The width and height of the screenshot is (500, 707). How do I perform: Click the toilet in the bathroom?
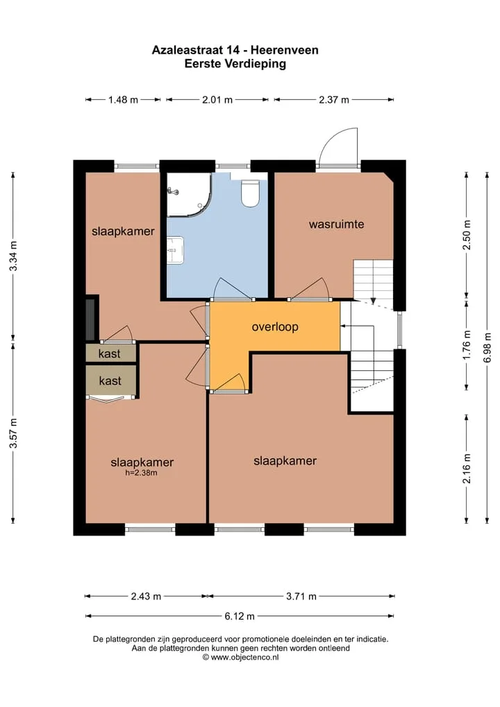click(x=250, y=194)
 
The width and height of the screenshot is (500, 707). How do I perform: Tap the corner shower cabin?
click(x=188, y=194)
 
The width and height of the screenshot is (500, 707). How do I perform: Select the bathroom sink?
click(x=176, y=249)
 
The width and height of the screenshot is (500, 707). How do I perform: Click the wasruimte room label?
click(x=336, y=224)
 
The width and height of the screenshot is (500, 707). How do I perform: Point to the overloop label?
click(x=275, y=326)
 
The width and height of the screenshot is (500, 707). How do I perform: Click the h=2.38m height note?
click(x=141, y=473)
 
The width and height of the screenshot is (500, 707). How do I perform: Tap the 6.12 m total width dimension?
click(x=240, y=616)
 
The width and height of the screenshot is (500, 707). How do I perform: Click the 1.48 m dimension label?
click(x=123, y=99)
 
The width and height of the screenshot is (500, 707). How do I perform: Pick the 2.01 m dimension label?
click(x=217, y=99)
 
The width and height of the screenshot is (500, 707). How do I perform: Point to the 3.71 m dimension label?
click(x=301, y=597)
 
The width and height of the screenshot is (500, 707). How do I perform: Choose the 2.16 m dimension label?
click(x=467, y=469)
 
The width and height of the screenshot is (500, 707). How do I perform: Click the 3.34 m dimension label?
click(x=13, y=256)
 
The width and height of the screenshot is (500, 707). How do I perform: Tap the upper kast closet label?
click(x=109, y=353)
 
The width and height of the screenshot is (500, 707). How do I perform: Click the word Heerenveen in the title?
click(x=285, y=50)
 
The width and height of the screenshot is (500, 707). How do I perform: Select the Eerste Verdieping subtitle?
click(x=235, y=64)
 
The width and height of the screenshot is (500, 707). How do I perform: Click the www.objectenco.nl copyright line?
click(x=240, y=658)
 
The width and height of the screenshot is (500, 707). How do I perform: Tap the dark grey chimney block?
click(x=92, y=319)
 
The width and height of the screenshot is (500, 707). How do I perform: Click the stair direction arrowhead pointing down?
click(x=373, y=301)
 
